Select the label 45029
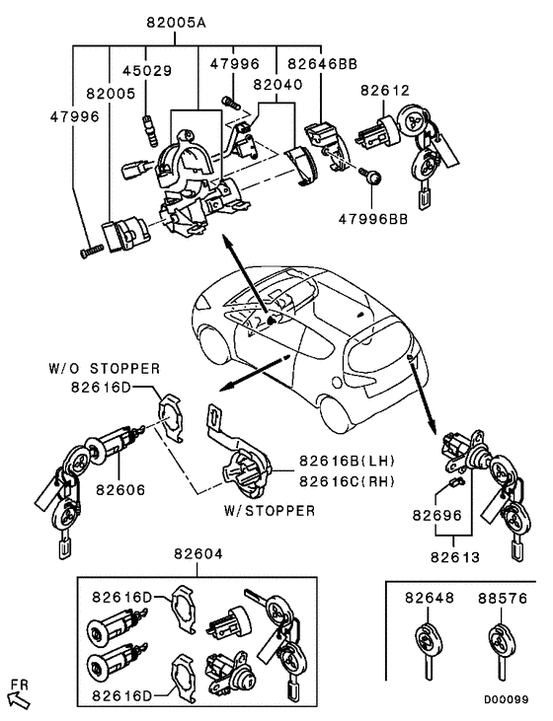click(x=146, y=71)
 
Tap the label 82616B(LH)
click(x=339, y=461)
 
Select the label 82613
click(x=454, y=557)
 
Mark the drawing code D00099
click(x=506, y=698)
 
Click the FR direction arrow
click(x=19, y=698)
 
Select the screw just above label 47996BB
click(x=375, y=179)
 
